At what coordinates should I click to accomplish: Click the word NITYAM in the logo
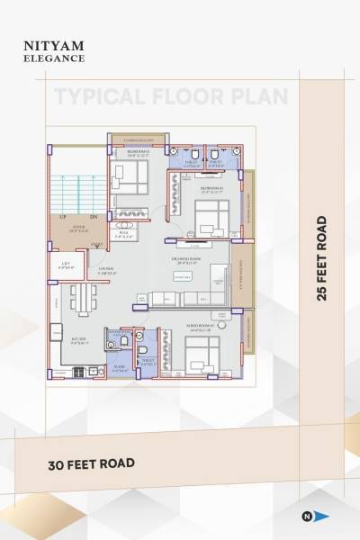point(54,44)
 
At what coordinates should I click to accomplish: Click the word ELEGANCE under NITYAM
point(54,58)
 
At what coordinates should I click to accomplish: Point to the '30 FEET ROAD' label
point(91,463)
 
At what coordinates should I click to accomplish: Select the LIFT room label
point(66,265)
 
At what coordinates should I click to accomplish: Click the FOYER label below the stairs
point(78,229)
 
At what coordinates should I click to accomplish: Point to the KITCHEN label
point(78,340)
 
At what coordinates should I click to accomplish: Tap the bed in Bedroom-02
point(212,219)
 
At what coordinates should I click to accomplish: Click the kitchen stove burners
point(78,371)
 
